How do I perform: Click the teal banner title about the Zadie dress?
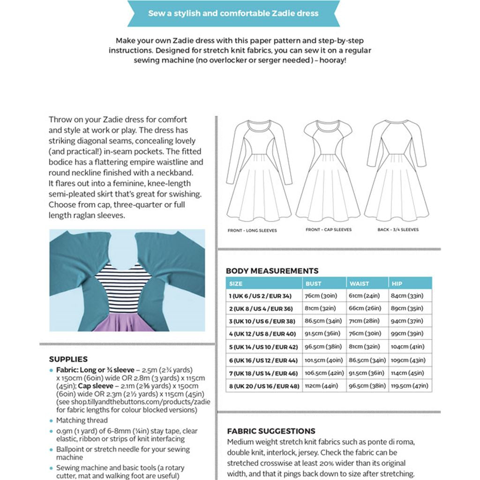(x=233, y=13)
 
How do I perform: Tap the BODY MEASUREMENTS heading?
(x=272, y=271)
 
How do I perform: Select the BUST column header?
(x=314, y=284)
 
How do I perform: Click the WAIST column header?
(x=359, y=284)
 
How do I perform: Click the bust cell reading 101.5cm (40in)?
(x=324, y=360)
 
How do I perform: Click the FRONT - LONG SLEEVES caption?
(x=252, y=231)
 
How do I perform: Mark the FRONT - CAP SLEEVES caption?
(x=329, y=230)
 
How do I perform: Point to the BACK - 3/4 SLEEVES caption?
(x=398, y=230)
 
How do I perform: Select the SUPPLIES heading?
(x=68, y=360)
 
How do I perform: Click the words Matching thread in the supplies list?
(x=82, y=420)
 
